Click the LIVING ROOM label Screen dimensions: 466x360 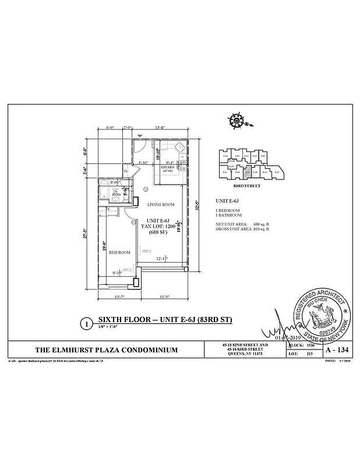click(x=161, y=204)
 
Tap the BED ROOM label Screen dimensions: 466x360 click(x=120, y=252)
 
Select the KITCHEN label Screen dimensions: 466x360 click(x=168, y=167)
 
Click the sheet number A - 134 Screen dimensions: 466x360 click(x=334, y=349)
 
